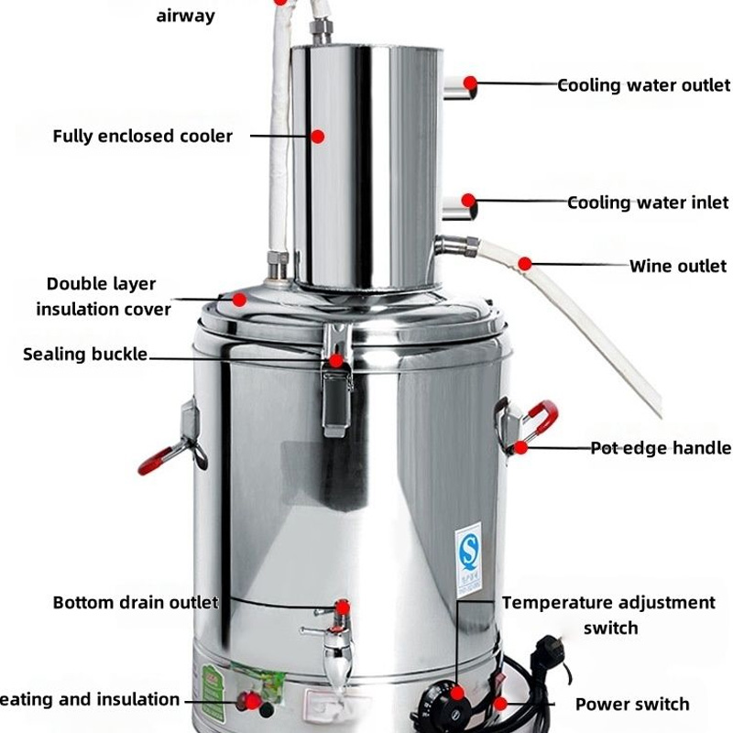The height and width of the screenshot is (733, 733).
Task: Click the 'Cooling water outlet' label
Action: click(644, 85)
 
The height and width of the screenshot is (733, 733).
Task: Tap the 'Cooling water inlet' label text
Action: click(648, 202)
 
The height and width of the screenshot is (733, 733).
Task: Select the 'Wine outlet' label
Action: click(677, 267)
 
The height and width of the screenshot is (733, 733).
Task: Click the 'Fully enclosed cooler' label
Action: click(142, 137)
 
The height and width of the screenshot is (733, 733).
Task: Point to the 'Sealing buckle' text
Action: click(84, 354)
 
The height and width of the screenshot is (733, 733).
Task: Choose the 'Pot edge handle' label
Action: click(660, 448)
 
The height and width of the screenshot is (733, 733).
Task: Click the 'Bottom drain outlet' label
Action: click(135, 603)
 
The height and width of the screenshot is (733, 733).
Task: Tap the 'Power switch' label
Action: click(631, 704)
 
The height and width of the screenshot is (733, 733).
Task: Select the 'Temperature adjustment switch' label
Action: click(608, 615)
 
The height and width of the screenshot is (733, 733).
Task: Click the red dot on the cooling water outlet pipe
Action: click(470, 83)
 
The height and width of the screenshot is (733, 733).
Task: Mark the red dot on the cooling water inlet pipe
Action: click(468, 200)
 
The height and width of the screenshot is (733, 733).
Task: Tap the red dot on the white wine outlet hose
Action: click(524, 264)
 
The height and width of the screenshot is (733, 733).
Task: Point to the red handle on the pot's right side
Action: click(541, 417)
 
